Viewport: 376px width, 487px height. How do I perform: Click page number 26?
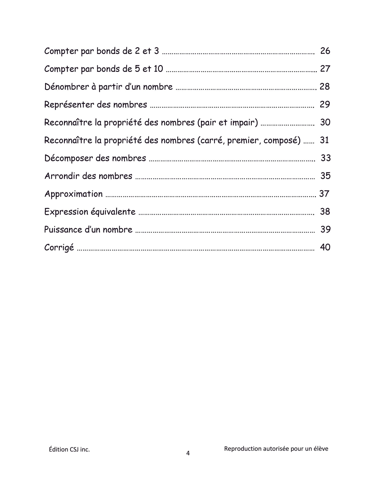(x=325, y=51)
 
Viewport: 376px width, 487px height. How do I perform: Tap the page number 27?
(x=325, y=69)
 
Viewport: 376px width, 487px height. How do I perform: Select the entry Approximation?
(x=73, y=194)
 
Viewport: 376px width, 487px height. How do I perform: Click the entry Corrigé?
(x=59, y=247)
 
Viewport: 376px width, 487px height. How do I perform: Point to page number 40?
(x=325, y=247)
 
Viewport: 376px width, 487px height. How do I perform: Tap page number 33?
(x=326, y=158)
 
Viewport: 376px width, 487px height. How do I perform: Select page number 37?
(x=324, y=194)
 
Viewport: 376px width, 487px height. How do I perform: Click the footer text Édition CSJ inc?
(x=69, y=449)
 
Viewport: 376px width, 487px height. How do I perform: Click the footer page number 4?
(x=188, y=453)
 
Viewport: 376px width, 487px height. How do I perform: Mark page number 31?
(x=324, y=140)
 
